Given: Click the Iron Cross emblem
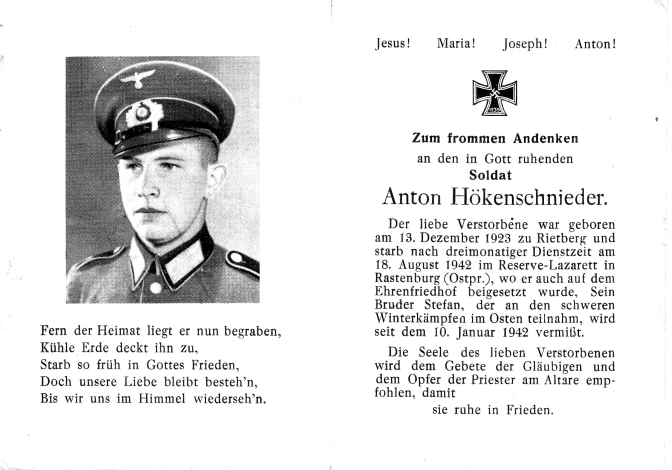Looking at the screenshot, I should [495, 93].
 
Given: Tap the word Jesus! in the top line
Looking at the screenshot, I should [393, 44].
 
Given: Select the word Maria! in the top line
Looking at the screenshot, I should [456, 44].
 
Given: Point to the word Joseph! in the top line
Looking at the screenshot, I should [525, 44].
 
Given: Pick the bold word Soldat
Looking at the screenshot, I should [490, 175].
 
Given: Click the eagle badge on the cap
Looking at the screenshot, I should [137, 78].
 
